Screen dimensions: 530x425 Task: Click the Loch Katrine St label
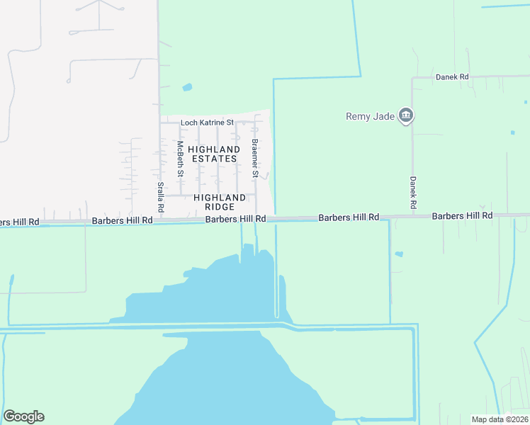(x=207, y=123)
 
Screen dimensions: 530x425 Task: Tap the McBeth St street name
(x=180, y=159)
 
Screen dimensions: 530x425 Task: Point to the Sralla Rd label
(x=161, y=198)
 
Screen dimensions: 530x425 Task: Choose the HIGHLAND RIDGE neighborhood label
(x=220, y=202)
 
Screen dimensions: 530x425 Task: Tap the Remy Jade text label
(x=368, y=117)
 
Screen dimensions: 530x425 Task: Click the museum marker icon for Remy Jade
(x=406, y=115)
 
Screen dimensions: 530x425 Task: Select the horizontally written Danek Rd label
(x=452, y=76)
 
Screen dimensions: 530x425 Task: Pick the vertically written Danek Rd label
(x=413, y=192)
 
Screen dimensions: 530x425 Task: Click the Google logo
(x=23, y=416)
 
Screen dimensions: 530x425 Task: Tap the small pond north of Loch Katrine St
(x=187, y=88)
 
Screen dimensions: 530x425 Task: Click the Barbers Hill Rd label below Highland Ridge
(x=235, y=220)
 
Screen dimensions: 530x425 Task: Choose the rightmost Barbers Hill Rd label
(x=462, y=215)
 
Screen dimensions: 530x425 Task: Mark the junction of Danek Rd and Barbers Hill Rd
(x=413, y=215)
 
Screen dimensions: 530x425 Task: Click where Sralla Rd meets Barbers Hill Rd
(x=158, y=220)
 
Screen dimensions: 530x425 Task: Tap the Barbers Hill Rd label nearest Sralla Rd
(x=122, y=221)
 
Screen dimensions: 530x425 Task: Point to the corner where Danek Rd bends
(x=413, y=77)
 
